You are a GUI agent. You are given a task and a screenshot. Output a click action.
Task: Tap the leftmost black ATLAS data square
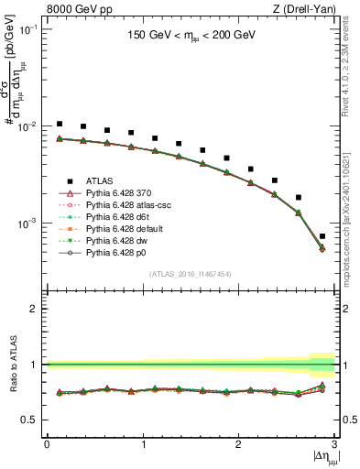coord(60,124)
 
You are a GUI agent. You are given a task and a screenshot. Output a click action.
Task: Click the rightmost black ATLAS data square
coord(322,236)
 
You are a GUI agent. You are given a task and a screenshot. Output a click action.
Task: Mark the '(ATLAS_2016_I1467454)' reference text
coord(191,274)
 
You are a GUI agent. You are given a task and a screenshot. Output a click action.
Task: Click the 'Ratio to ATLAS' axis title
coord(13,365)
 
